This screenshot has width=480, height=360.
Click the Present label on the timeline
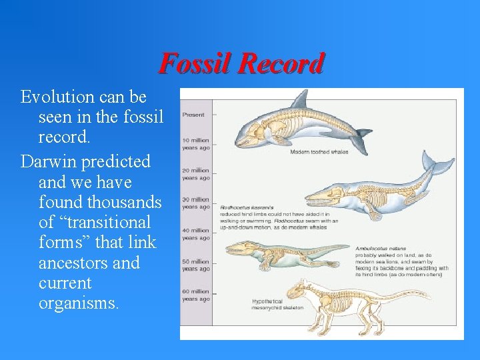pyautogui.click(x=193, y=114)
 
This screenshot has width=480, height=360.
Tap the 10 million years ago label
pyautogui.click(x=195, y=144)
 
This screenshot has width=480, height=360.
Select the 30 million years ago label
pyautogui.click(x=195, y=203)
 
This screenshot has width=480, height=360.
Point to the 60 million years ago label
pyautogui.click(x=195, y=295)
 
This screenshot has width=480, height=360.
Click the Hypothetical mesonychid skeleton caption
pyautogui.click(x=277, y=305)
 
